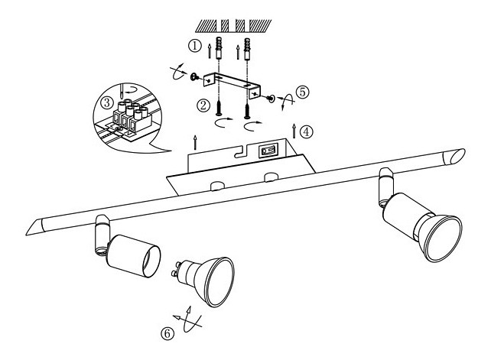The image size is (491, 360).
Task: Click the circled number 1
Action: tap(194, 46)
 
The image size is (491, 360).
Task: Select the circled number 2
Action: tap(203, 105)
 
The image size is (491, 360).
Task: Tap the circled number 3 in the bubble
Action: tap(107, 102)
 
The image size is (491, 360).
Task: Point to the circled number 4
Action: tap(306, 131)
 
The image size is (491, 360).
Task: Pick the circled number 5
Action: tap(303, 92)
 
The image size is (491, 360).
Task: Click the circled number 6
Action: tap(167, 334)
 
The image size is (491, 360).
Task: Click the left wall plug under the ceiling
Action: tap(219, 48)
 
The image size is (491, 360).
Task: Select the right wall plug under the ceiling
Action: tap(247, 49)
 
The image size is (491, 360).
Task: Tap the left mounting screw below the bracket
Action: tap(219, 108)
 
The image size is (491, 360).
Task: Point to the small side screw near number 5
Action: tap(270, 99)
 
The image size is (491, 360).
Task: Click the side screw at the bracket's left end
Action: tap(194, 76)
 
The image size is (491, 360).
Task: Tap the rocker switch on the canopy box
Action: tap(268, 151)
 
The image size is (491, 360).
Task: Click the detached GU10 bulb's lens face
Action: tap(220, 282)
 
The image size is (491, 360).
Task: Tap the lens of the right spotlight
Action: tap(443, 238)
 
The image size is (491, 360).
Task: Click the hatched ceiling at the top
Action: tap(233, 26)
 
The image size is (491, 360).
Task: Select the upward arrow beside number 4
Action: tap(294, 131)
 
